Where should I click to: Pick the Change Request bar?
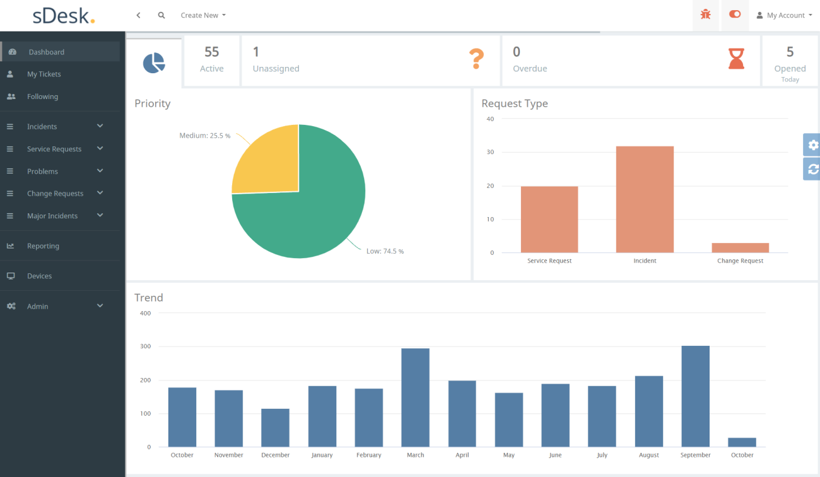(740, 248)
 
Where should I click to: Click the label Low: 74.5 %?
(385, 251)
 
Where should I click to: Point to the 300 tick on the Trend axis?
(145, 346)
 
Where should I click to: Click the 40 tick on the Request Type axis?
(490, 119)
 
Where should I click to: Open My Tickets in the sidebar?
(44, 74)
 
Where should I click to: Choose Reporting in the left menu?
(43, 246)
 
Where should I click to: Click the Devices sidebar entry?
(39, 276)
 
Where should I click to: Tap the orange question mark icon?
(476, 59)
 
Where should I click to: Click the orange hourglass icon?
(736, 59)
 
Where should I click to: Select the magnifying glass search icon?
(161, 15)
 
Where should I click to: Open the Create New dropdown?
(203, 15)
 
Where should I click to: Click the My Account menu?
(785, 15)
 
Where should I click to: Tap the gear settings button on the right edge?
(812, 144)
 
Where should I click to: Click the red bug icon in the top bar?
(705, 15)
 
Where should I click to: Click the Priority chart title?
(153, 103)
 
